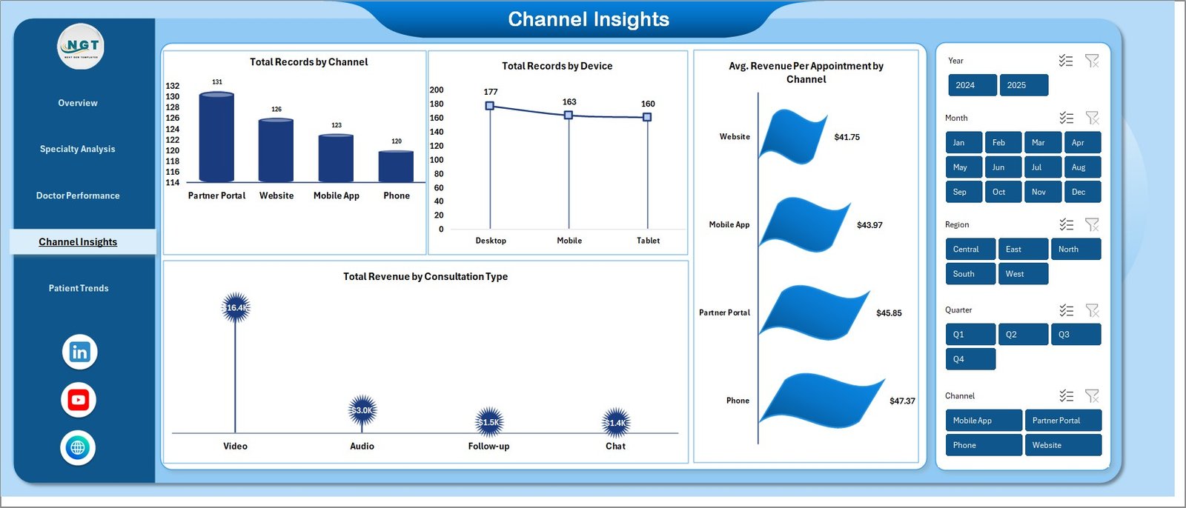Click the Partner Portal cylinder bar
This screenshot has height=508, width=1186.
tap(216, 138)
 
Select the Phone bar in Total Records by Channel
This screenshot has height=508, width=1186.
tap(396, 167)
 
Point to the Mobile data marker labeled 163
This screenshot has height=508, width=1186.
tap(569, 115)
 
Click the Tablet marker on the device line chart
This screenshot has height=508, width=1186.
tap(647, 117)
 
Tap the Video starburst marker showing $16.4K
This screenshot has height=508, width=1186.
tap(236, 307)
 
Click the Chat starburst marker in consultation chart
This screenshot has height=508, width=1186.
tap(616, 423)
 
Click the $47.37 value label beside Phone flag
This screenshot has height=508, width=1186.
tap(902, 401)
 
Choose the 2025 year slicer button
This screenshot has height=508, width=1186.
tap(1023, 85)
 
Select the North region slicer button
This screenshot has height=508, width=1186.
tap(1075, 250)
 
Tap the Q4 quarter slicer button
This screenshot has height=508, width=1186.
tap(970, 359)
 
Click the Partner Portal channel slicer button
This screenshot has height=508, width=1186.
tap(1061, 421)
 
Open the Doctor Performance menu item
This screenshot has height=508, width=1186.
tap(78, 195)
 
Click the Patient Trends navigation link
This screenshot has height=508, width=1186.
tap(79, 288)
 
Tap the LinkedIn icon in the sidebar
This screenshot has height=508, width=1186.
tap(79, 352)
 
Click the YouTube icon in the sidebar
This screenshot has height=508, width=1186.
tap(79, 400)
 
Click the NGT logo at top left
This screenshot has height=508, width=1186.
tap(81, 47)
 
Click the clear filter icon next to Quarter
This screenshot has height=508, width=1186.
tap(1092, 310)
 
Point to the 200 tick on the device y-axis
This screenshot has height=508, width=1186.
tap(437, 90)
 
